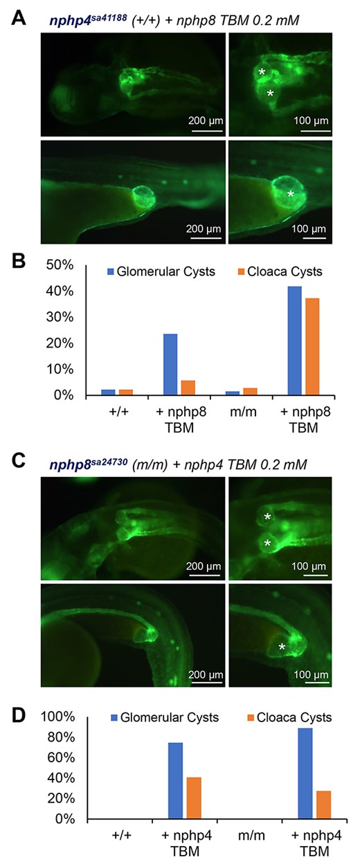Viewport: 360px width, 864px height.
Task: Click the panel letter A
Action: pyautogui.click(x=18, y=18)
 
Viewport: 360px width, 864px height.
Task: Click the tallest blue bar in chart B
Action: pyautogui.click(x=295, y=341)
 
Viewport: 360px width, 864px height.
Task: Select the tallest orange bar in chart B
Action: pyautogui.click(x=312, y=346)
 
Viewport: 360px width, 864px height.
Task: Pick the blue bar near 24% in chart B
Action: pyautogui.click(x=170, y=364)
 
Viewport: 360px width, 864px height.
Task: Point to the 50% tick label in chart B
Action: pyautogui.click(x=60, y=265)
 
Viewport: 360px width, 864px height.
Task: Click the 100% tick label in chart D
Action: pyautogui.click(x=58, y=717)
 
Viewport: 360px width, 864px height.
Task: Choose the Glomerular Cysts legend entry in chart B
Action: pyautogui.click(x=161, y=271)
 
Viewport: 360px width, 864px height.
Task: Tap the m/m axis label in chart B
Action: pyautogui.click(x=243, y=411)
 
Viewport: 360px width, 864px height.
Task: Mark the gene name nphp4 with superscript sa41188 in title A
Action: pyautogui.click(x=89, y=19)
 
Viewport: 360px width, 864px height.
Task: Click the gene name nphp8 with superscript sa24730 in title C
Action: pyautogui.click(x=89, y=464)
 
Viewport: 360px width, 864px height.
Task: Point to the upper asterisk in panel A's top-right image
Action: pyautogui.click(x=262, y=72)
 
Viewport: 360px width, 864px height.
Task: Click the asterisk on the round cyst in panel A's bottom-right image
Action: pyautogui.click(x=291, y=194)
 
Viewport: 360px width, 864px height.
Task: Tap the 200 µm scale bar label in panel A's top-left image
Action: pyautogui.click(x=206, y=120)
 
